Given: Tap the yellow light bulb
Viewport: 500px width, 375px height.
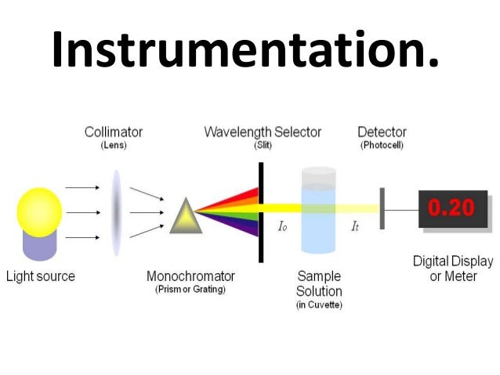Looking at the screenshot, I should coord(39,211).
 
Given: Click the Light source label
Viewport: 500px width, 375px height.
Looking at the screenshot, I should coord(41,276).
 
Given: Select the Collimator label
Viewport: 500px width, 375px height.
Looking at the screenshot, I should coord(114,132).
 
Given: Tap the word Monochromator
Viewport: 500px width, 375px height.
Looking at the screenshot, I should coord(190,276).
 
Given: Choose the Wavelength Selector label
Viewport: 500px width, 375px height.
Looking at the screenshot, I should coord(263,132).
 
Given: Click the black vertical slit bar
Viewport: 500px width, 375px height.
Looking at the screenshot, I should coord(261,211).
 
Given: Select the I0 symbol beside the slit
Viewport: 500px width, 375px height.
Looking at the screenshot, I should coord(283,226).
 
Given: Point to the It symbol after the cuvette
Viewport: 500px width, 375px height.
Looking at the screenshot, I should coord(355,226).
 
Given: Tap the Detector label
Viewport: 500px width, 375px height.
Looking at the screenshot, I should coord(382,132).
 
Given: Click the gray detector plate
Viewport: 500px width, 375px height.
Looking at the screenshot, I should coord(382,208).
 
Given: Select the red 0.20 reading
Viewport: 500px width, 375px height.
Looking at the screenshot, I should coord(451,208).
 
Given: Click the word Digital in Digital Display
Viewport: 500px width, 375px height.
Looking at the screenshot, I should coord(430,261).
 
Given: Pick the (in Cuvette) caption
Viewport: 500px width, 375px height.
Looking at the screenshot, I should coord(319,305).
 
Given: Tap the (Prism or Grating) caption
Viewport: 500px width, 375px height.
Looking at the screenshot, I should coord(190,290).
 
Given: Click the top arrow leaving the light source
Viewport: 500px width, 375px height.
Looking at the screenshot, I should coord(82,188).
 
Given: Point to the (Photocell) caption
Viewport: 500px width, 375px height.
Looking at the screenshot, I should coord(382,146).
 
